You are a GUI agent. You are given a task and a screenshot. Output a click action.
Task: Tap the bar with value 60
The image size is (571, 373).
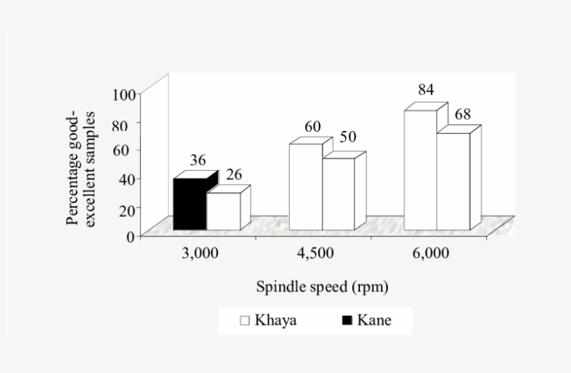click(306, 186)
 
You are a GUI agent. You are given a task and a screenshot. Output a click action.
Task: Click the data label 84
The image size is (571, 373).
click(426, 91)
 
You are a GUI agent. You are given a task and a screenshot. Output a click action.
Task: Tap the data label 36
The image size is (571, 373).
click(198, 160)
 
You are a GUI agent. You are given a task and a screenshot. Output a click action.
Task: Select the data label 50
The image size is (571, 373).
click(348, 137)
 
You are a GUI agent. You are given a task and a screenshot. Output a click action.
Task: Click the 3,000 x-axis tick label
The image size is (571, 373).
click(201, 254)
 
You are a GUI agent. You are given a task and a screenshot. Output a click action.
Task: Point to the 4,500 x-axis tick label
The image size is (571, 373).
click(315, 254)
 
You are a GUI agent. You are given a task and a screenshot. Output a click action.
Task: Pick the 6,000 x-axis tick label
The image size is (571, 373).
click(430, 254)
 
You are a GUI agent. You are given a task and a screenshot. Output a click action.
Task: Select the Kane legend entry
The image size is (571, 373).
click(375, 321)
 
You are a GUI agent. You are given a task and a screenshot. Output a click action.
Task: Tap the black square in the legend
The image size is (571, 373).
click(347, 321)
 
